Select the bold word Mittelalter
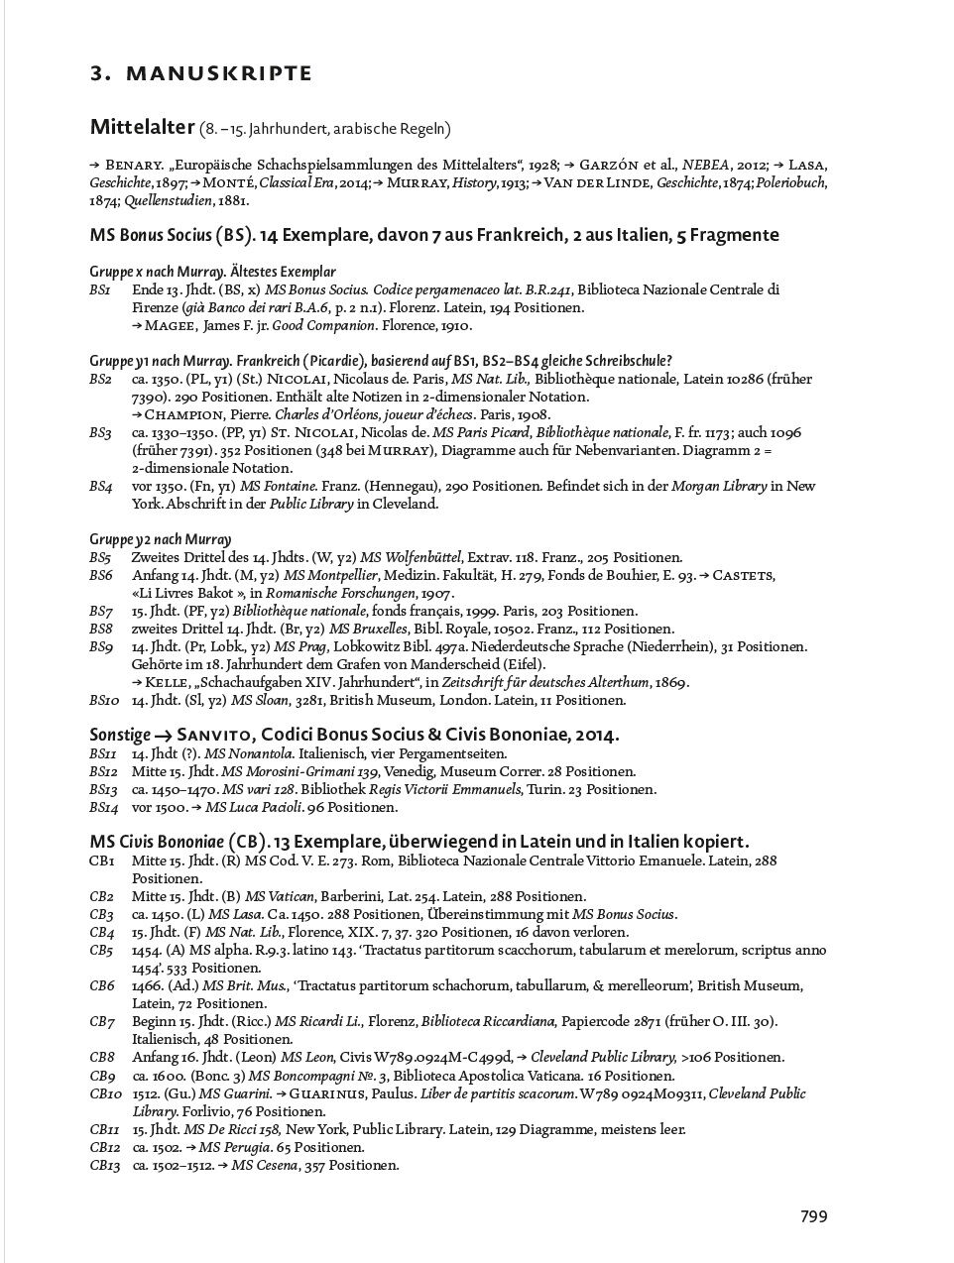click(x=142, y=127)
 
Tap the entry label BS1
click(x=100, y=289)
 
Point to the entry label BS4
click(x=100, y=486)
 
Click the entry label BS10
click(x=104, y=700)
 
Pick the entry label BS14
click(x=104, y=807)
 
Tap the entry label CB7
click(x=102, y=1021)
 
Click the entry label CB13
click(x=105, y=1165)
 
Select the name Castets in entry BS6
click(x=744, y=575)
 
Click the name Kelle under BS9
click(x=167, y=682)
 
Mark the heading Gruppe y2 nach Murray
click(x=161, y=539)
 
